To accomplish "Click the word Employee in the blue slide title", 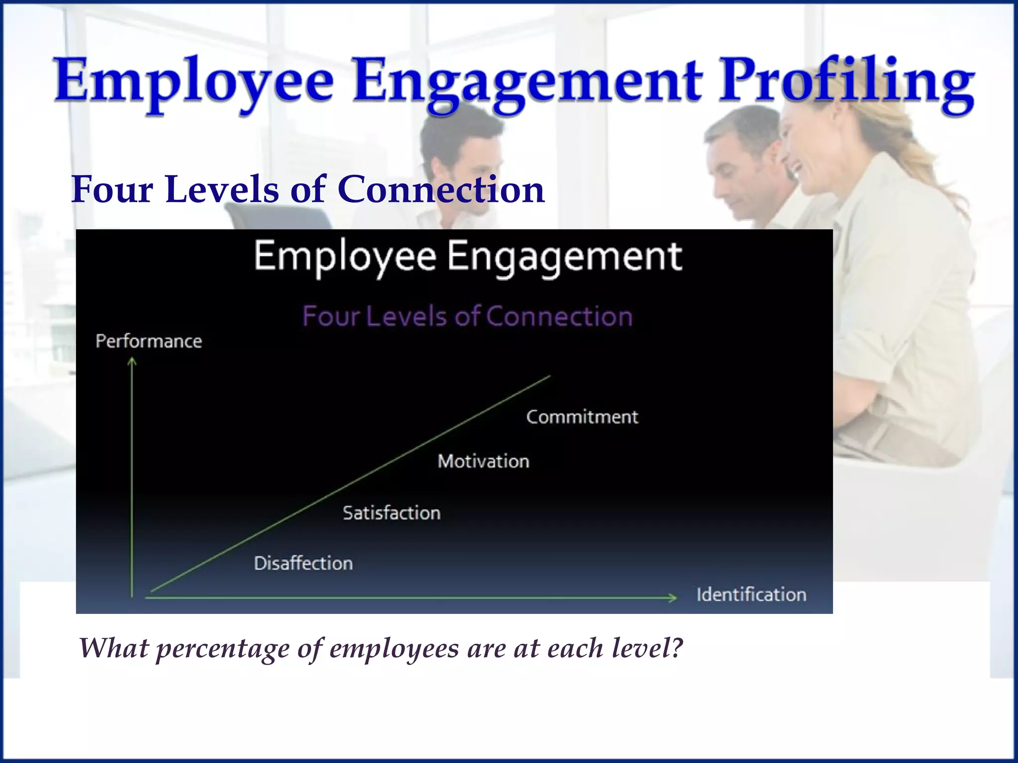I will [194, 82].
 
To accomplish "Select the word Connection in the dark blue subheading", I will [441, 190].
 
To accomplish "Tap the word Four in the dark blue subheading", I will [112, 190].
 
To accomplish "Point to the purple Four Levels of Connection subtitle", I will [467, 316].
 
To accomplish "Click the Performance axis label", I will [149, 341].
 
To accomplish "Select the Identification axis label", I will [751, 595].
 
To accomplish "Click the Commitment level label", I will [582, 417].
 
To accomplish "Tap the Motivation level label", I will [483, 461].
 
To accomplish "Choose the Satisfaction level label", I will [392, 513].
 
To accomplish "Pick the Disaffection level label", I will [303, 563].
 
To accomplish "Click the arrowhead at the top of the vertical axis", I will [132, 362].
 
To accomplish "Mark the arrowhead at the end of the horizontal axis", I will [673, 598].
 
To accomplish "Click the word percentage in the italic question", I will [222, 648].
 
